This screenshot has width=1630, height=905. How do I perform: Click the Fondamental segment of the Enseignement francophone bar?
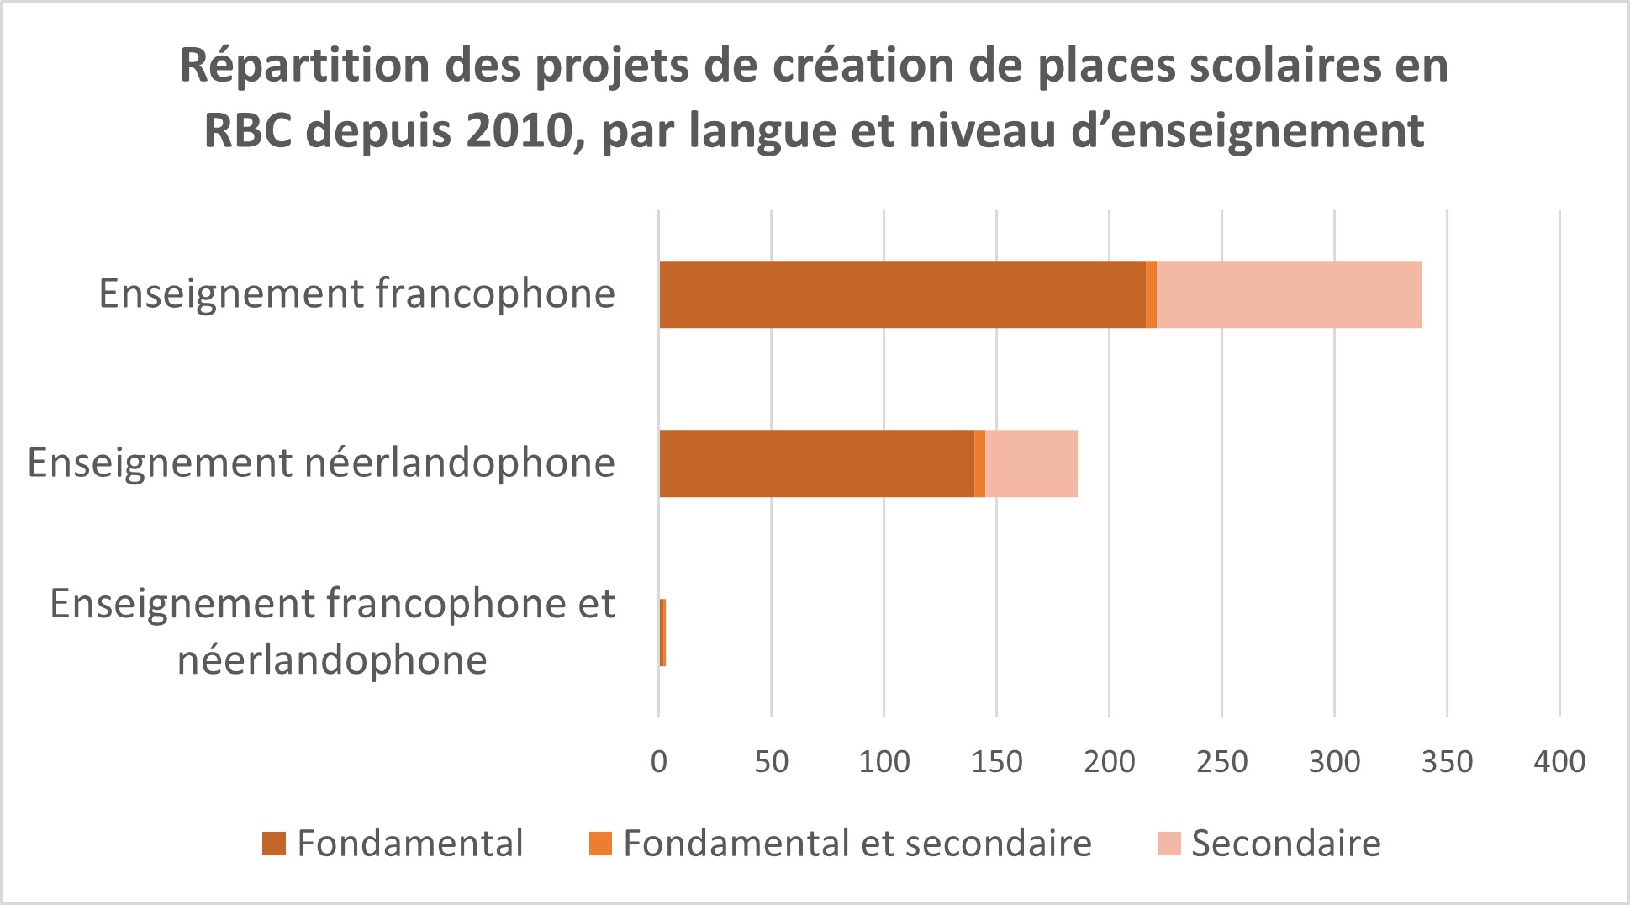[902, 294]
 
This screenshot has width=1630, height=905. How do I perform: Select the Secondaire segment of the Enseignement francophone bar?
[1289, 294]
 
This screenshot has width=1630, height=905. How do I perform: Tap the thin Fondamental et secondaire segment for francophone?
[1151, 294]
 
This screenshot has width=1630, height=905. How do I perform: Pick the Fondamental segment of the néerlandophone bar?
[816, 463]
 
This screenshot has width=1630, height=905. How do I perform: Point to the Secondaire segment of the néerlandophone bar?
[1031, 463]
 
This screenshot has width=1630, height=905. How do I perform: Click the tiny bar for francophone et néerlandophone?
[662, 632]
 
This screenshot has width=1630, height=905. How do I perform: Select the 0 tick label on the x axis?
[659, 762]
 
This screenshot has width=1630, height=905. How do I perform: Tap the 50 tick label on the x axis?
[772, 762]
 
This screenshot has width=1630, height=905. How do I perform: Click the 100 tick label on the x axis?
[884, 762]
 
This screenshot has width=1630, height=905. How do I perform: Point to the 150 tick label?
[997, 762]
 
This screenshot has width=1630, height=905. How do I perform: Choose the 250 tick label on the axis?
[1222, 762]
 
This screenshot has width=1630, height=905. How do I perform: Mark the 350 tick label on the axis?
[1448, 762]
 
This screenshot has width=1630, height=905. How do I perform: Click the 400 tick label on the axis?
[1559, 762]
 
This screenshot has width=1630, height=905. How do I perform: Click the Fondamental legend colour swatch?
[274, 844]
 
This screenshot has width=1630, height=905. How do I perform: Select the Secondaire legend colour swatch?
[1169, 844]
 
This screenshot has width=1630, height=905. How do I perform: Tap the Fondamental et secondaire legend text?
[857, 844]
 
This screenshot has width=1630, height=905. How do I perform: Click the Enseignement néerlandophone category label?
[321, 463]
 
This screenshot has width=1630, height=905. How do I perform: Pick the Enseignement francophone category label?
[357, 294]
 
